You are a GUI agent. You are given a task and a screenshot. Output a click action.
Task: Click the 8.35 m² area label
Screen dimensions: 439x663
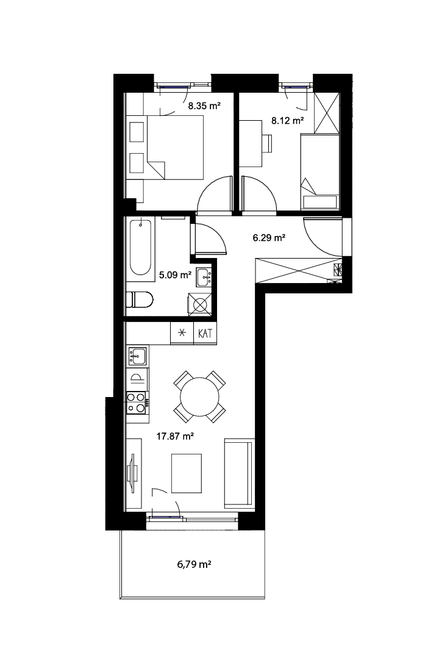coord(204,106)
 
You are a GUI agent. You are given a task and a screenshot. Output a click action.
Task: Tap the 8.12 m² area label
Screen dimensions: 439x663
coord(288,121)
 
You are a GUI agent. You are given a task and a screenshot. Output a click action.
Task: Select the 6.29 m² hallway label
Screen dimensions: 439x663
coord(269,238)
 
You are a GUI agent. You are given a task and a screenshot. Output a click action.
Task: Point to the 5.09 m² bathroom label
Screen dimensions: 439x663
coord(176,275)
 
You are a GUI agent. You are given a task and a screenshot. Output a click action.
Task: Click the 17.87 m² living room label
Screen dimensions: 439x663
coord(175,436)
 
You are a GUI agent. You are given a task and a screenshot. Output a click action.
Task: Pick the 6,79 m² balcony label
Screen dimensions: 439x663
coord(194,564)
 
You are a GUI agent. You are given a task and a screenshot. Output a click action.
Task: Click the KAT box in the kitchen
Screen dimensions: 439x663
coord(205,333)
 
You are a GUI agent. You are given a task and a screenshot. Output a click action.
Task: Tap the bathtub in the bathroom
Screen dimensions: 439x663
coord(140,249)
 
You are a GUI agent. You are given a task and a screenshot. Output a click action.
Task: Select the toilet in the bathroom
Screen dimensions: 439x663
coord(140,300)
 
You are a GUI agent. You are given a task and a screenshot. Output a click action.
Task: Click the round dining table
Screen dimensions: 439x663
coord(199,396)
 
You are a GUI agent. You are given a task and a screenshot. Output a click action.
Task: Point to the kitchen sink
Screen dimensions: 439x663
coord(137,356)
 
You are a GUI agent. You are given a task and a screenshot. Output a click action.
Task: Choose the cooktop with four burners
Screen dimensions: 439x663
coord(138,403)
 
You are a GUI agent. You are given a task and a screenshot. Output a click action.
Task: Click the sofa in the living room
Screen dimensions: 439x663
coord(240,473)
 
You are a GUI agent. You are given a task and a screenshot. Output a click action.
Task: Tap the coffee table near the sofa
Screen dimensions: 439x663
coord(187,473)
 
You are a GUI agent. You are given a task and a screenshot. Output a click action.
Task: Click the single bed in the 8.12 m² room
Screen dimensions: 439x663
coord(320,171)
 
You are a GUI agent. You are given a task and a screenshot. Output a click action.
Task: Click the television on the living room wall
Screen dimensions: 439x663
coord(134,473)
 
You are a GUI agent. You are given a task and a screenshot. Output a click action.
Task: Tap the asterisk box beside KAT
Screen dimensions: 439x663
coord(182,333)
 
